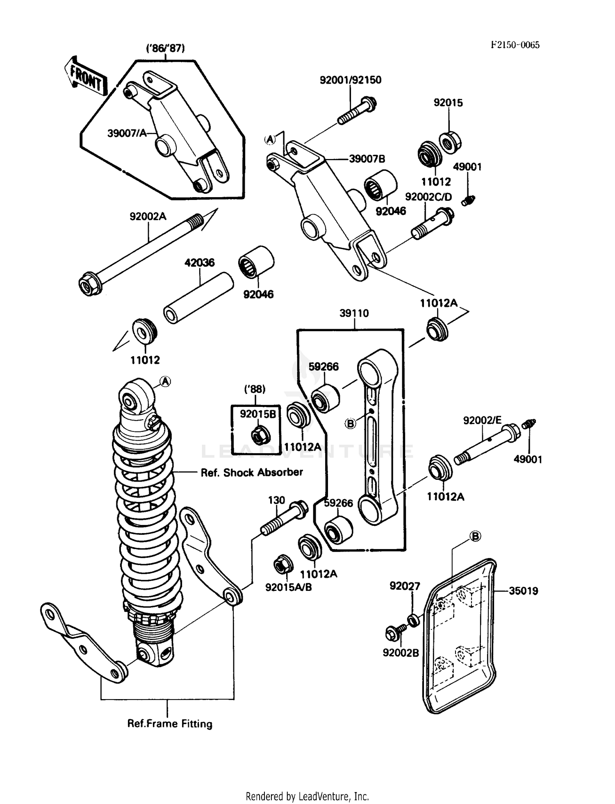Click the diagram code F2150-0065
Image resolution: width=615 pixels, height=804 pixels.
[x=515, y=45]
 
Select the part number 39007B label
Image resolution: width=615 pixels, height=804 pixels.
[x=367, y=159]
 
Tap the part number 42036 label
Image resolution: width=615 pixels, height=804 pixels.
[x=199, y=262]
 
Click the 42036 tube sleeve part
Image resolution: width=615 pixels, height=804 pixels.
[x=198, y=298]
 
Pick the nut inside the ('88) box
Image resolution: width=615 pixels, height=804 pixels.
[x=258, y=436]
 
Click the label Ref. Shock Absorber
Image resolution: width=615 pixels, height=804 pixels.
[x=251, y=472]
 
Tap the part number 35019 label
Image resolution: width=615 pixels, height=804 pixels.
[x=523, y=591]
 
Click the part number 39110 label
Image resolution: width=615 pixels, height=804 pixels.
[x=354, y=313]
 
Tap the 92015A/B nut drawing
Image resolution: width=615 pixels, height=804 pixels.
[x=283, y=566]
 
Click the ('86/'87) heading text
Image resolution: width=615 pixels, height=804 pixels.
[x=166, y=48]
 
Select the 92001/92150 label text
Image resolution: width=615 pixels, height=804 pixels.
[x=351, y=80]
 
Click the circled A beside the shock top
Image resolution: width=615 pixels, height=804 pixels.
[x=165, y=382]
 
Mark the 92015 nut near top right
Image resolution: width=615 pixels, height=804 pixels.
[x=451, y=141]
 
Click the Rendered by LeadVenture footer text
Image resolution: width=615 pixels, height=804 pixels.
[x=307, y=796]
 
